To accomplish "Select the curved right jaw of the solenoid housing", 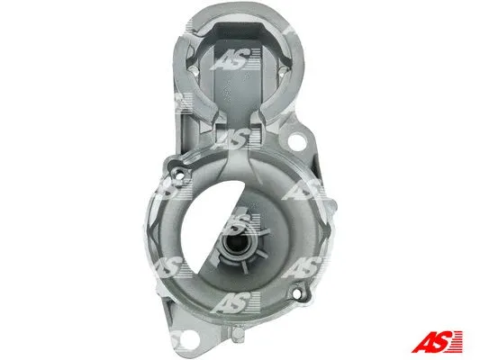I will [x=294, y=90].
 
